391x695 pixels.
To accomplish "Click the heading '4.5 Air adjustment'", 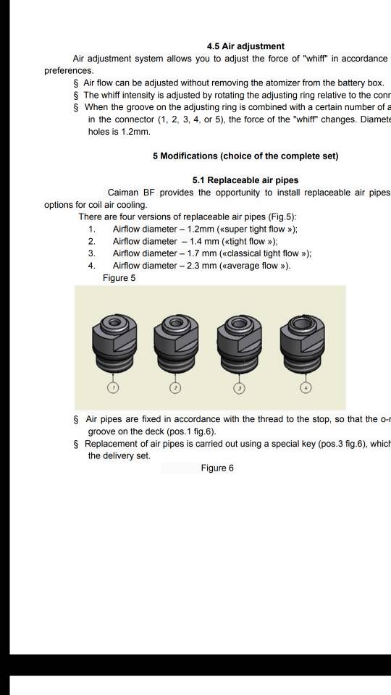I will (245, 46).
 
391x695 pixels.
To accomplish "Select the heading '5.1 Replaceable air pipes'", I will (245, 180).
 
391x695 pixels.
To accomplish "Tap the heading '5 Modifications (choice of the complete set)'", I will (245, 156).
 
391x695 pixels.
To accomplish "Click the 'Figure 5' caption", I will (119, 278).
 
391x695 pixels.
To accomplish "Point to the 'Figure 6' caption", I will (217, 468).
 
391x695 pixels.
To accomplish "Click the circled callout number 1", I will (112, 388).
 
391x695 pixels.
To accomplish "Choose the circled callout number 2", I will (175, 388).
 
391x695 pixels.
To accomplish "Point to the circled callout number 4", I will (306, 388).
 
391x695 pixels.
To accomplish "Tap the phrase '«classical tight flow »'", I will (261, 253).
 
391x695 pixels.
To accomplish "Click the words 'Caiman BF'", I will (132, 193).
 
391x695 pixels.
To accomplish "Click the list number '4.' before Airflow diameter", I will (92, 266).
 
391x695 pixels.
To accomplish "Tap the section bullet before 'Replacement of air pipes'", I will (77, 444).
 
